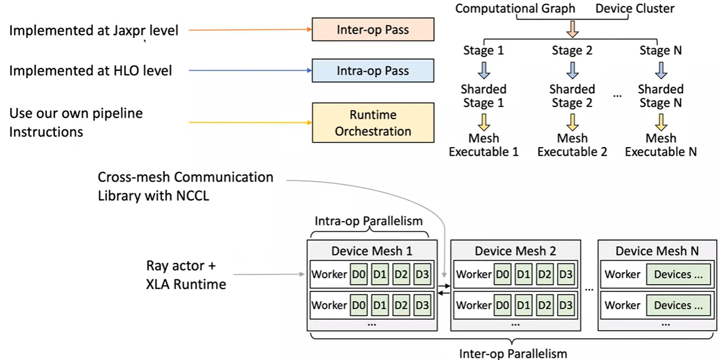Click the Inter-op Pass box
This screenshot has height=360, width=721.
pyautogui.click(x=373, y=29)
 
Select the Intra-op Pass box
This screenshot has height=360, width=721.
pyautogui.click(x=373, y=71)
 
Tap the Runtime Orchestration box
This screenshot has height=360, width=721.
pyautogui.click(x=373, y=123)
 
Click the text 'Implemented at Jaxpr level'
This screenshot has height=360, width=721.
pyautogui.click(x=94, y=30)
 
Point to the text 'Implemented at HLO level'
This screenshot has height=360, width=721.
pyautogui.click(x=91, y=71)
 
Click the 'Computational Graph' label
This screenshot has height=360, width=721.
pyautogui.click(x=515, y=8)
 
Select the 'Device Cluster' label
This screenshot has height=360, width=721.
pyautogui.click(x=635, y=8)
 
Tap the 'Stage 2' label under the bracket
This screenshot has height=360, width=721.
pyautogui.click(x=572, y=51)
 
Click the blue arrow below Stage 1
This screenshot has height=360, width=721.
pyautogui.click(x=484, y=70)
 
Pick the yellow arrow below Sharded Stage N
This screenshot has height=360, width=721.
pyautogui.click(x=661, y=120)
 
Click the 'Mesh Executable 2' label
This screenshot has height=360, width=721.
pyautogui.click(x=572, y=145)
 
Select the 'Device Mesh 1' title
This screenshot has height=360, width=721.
pyautogui.click(x=371, y=251)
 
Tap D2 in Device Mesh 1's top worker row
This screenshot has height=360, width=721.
pyautogui.click(x=401, y=274)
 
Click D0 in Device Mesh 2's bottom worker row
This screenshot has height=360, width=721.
pyautogui.click(x=503, y=305)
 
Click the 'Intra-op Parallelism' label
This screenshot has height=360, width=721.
pyautogui.click(x=369, y=221)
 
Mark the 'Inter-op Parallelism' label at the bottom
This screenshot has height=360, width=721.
pyautogui.click(x=513, y=353)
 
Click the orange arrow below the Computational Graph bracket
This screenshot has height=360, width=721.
pyautogui.click(x=572, y=29)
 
